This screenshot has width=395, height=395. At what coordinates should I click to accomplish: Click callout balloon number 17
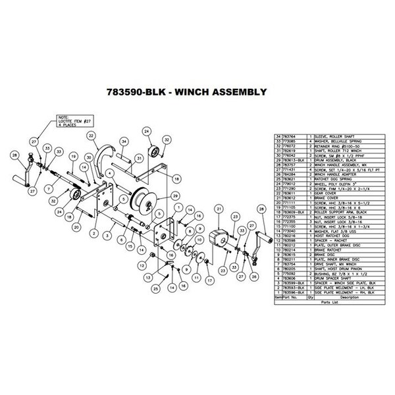pyautogui.click(x=210, y=278)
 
